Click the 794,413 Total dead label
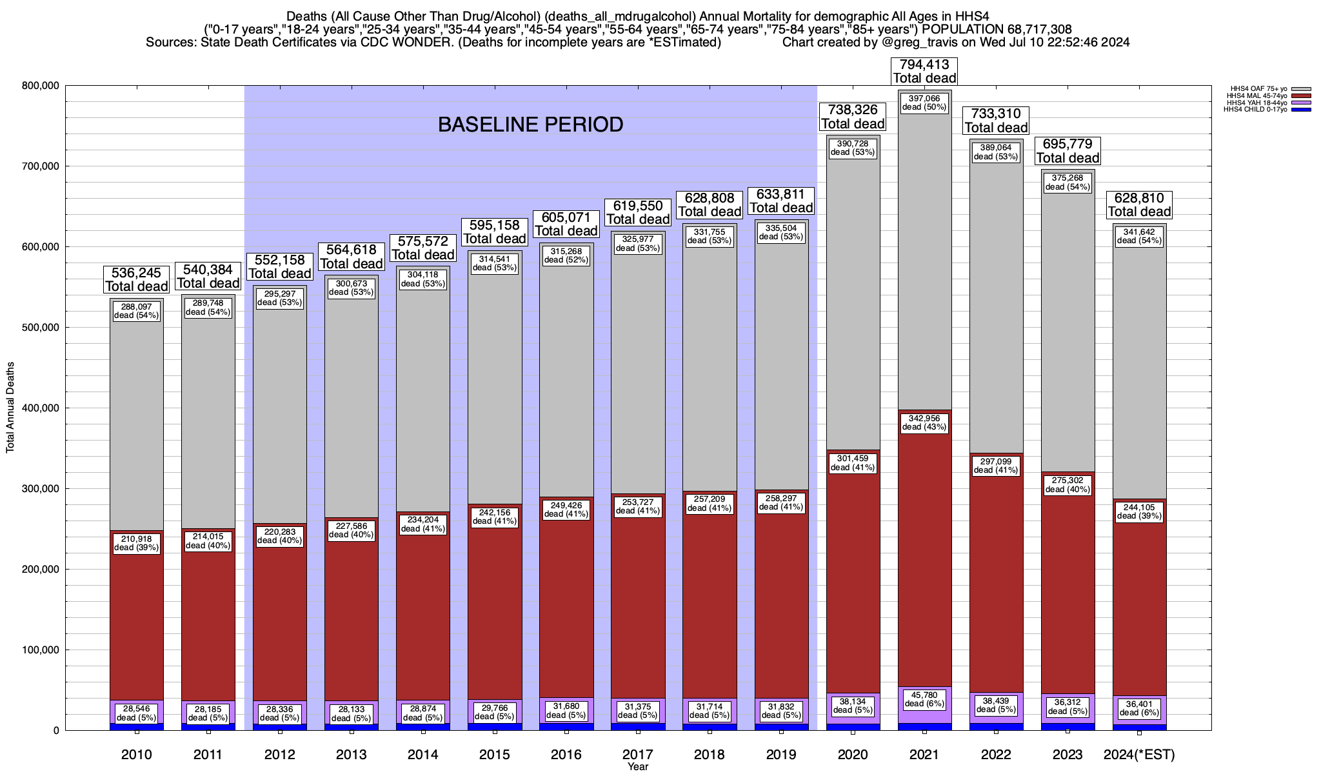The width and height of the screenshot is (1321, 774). click(x=924, y=72)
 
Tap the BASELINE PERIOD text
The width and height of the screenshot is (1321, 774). click(x=530, y=124)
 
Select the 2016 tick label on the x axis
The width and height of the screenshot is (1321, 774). click(x=566, y=755)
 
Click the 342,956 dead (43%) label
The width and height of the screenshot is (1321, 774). click(x=924, y=422)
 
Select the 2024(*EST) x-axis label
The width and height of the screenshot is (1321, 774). click(x=1139, y=755)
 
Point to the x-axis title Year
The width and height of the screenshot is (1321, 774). click(x=638, y=767)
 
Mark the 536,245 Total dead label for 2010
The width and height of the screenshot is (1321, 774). click(x=136, y=279)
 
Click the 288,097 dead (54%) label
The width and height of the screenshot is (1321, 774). click(x=136, y=311)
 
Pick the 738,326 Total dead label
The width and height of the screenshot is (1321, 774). click(x=852, y=117)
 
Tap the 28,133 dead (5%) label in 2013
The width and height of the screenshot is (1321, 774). click(x=352, y=713)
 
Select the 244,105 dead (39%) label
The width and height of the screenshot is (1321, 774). click(x=1139, y=511)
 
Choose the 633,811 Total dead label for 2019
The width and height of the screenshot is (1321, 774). click(x=780, y=201)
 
